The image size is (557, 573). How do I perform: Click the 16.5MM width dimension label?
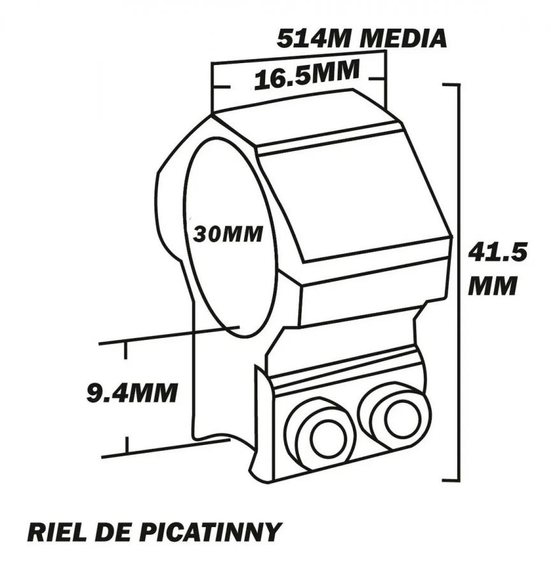[307, 75]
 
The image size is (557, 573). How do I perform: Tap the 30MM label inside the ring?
[228, 234]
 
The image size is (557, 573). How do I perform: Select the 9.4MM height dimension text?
[132, 392]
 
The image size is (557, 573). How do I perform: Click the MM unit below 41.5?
[492, 285]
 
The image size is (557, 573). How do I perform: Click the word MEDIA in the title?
[403, 38]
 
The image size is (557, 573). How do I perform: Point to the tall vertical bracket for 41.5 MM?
[458, 282]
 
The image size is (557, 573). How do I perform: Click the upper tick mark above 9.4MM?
[126, 350]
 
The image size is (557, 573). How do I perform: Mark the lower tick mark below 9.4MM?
[127, 445]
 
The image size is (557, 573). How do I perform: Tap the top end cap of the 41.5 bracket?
[451, 85]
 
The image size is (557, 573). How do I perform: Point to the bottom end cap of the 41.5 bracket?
[451, 480]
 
